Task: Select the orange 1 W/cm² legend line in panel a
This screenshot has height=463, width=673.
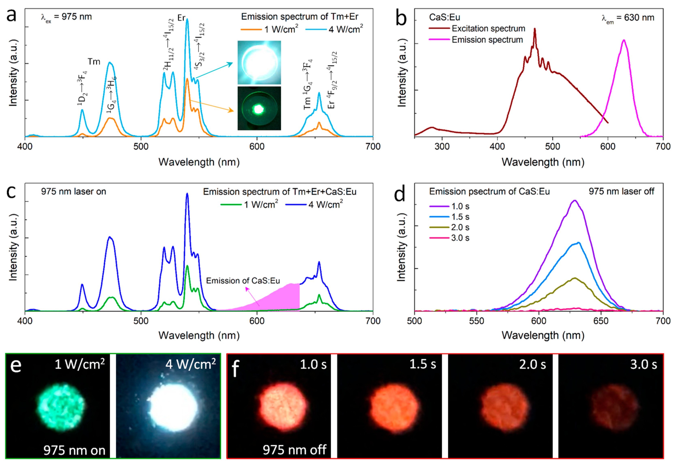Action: pos(251,29)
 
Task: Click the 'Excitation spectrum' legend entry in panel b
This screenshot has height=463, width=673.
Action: pos(488,28)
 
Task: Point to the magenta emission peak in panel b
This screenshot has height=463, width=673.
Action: pos(624,41)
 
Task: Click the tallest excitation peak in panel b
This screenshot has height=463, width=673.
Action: pos(534,29)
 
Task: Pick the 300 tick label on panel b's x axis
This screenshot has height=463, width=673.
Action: pos(442,146)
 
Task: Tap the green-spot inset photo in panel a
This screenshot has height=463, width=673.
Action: pos(259,108)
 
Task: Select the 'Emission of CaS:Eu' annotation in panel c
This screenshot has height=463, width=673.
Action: pos(243,281)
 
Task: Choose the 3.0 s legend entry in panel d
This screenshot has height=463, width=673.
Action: pos(460,238)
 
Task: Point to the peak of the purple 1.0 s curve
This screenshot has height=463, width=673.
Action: pos(574,201)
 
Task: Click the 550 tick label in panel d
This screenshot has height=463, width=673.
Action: pos(476,321)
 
